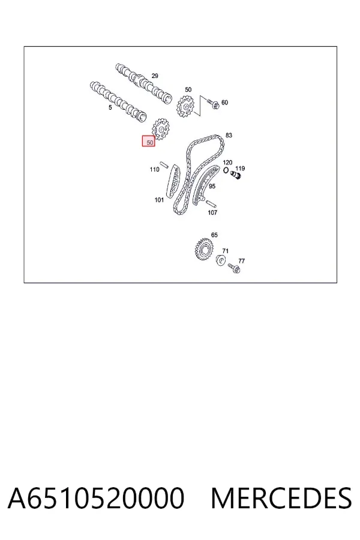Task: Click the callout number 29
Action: point(155,76)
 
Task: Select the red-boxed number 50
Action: point(149,141)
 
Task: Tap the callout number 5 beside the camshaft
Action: point(110,107)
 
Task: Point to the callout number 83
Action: point(229,136)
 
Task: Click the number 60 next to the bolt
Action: point(224,102)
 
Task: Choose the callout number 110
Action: point(154,169)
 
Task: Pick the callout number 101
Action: point(159,200)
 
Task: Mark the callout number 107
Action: point(212,212)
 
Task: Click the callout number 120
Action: point(227,162)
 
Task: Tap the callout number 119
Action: point(240,169)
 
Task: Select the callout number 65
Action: point(214,235)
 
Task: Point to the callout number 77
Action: point(241,261)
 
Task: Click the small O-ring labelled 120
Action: point(226,170)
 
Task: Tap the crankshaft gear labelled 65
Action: point(204,248)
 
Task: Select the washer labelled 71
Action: point(221,260)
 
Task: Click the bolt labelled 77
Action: point(234,268)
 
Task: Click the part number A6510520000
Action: point(96,498)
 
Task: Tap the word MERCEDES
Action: point(281,498)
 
